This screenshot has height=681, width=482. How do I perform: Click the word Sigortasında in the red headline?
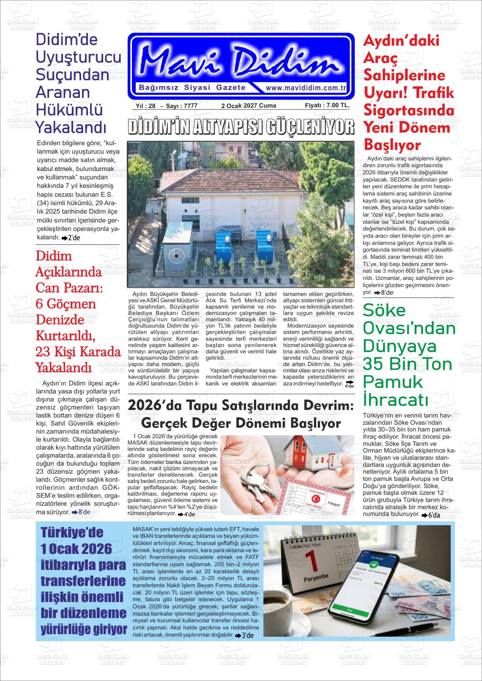[409, 111]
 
